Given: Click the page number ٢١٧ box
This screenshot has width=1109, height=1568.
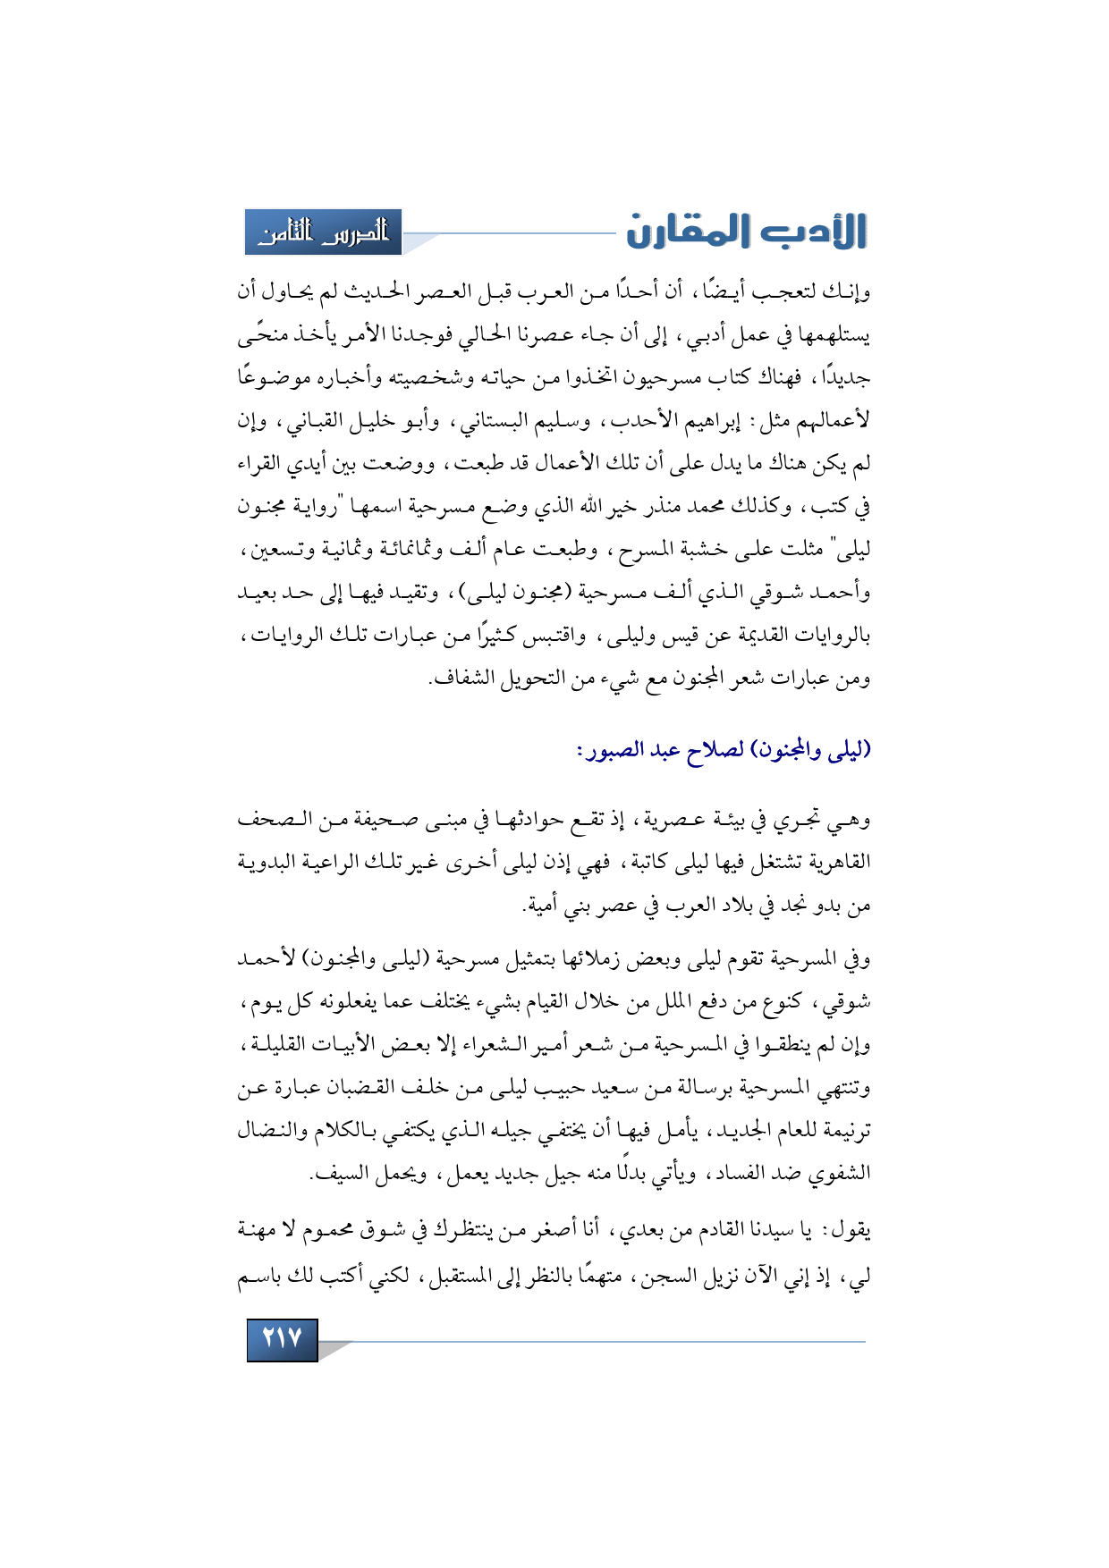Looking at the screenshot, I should point(282,1338).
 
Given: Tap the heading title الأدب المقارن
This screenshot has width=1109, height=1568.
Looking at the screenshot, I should point(747,232).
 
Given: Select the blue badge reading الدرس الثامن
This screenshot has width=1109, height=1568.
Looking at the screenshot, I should point(323,232).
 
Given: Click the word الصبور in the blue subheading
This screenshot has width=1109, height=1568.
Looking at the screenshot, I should point(618,749).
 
